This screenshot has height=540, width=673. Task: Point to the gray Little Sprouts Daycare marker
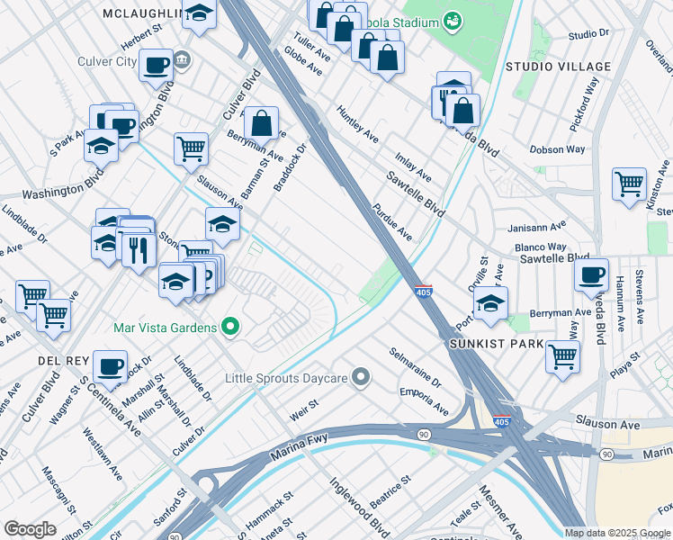(361, 376)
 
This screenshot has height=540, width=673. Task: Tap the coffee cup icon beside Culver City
(156, 64)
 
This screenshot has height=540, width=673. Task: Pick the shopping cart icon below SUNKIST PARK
(562, 355)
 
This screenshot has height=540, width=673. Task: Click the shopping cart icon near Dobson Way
(629, 184)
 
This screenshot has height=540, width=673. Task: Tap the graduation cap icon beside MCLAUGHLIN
(201, 14)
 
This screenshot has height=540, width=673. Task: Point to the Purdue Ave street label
(392, 221)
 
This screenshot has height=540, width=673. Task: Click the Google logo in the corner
(30, 529)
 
